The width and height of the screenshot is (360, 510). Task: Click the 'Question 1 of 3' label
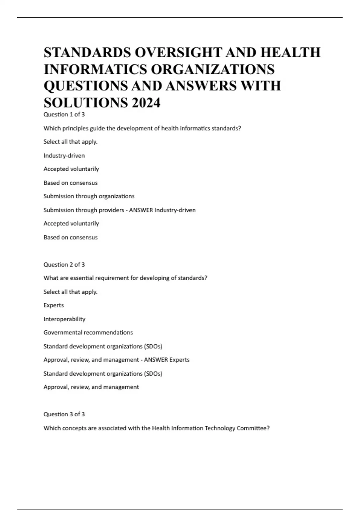click(64, 114)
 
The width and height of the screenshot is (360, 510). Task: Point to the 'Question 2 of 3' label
click(64, 264)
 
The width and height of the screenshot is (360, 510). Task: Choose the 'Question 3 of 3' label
click(64, 414)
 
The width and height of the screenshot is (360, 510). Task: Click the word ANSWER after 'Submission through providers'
click(141, 210)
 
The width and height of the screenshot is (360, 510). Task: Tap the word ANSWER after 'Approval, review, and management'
click(156, 360)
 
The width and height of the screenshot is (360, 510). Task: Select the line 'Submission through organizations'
click(89, 196)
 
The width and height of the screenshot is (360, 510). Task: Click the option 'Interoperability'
click(64, 319)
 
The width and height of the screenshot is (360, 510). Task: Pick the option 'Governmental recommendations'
click(88, 332)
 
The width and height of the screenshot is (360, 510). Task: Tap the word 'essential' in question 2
click(82, 278)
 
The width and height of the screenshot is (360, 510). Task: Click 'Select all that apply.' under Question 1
click(70, 142)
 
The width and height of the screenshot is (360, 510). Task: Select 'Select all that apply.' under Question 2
click(70, 292)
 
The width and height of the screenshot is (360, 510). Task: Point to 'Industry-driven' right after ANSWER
click(175, 210)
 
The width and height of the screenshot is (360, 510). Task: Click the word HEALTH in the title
click(290, 52)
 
